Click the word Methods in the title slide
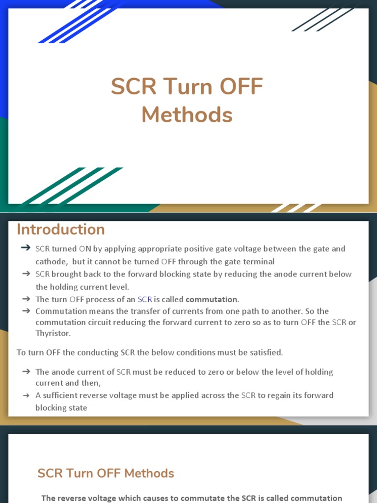(187, 115)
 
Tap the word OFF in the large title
(241, 87)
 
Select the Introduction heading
(60, 230)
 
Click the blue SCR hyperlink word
(145, 299)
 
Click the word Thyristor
(53, 333)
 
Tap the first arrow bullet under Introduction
(26, 249)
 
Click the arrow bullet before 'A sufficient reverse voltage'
(26, 395)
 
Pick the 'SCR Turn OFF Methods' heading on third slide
(106, 473)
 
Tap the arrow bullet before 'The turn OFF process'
(26, 299)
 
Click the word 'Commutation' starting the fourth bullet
(59, 311)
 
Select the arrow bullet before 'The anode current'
(26, 372)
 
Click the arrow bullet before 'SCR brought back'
(26, 274)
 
